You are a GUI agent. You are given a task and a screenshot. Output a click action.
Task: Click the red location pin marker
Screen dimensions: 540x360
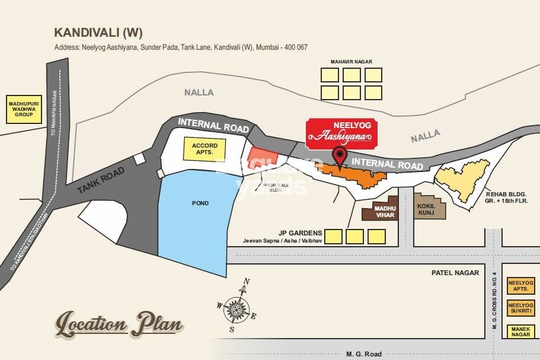click(x=340, y=157)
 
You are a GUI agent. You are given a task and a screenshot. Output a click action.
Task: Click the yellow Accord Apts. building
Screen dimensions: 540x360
click(x=205, y=148)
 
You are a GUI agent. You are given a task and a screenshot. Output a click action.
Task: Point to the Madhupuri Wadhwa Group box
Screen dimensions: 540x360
click(x=24, y=109)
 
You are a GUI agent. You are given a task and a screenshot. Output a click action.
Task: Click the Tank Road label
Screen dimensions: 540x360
click(x=101, y=181)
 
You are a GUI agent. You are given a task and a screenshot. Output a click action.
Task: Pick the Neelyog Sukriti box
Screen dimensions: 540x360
click(x=521, y=308)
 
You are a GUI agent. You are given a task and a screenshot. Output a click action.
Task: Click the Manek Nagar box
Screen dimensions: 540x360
click(x=521, y=332)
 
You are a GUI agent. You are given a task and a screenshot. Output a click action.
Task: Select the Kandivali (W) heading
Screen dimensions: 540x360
click(x=98, y=33)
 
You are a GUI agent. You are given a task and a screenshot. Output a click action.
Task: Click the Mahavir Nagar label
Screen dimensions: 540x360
click(x=351, y=62)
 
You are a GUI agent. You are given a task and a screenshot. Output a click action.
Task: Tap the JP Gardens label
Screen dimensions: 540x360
click(x=302, y=232)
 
